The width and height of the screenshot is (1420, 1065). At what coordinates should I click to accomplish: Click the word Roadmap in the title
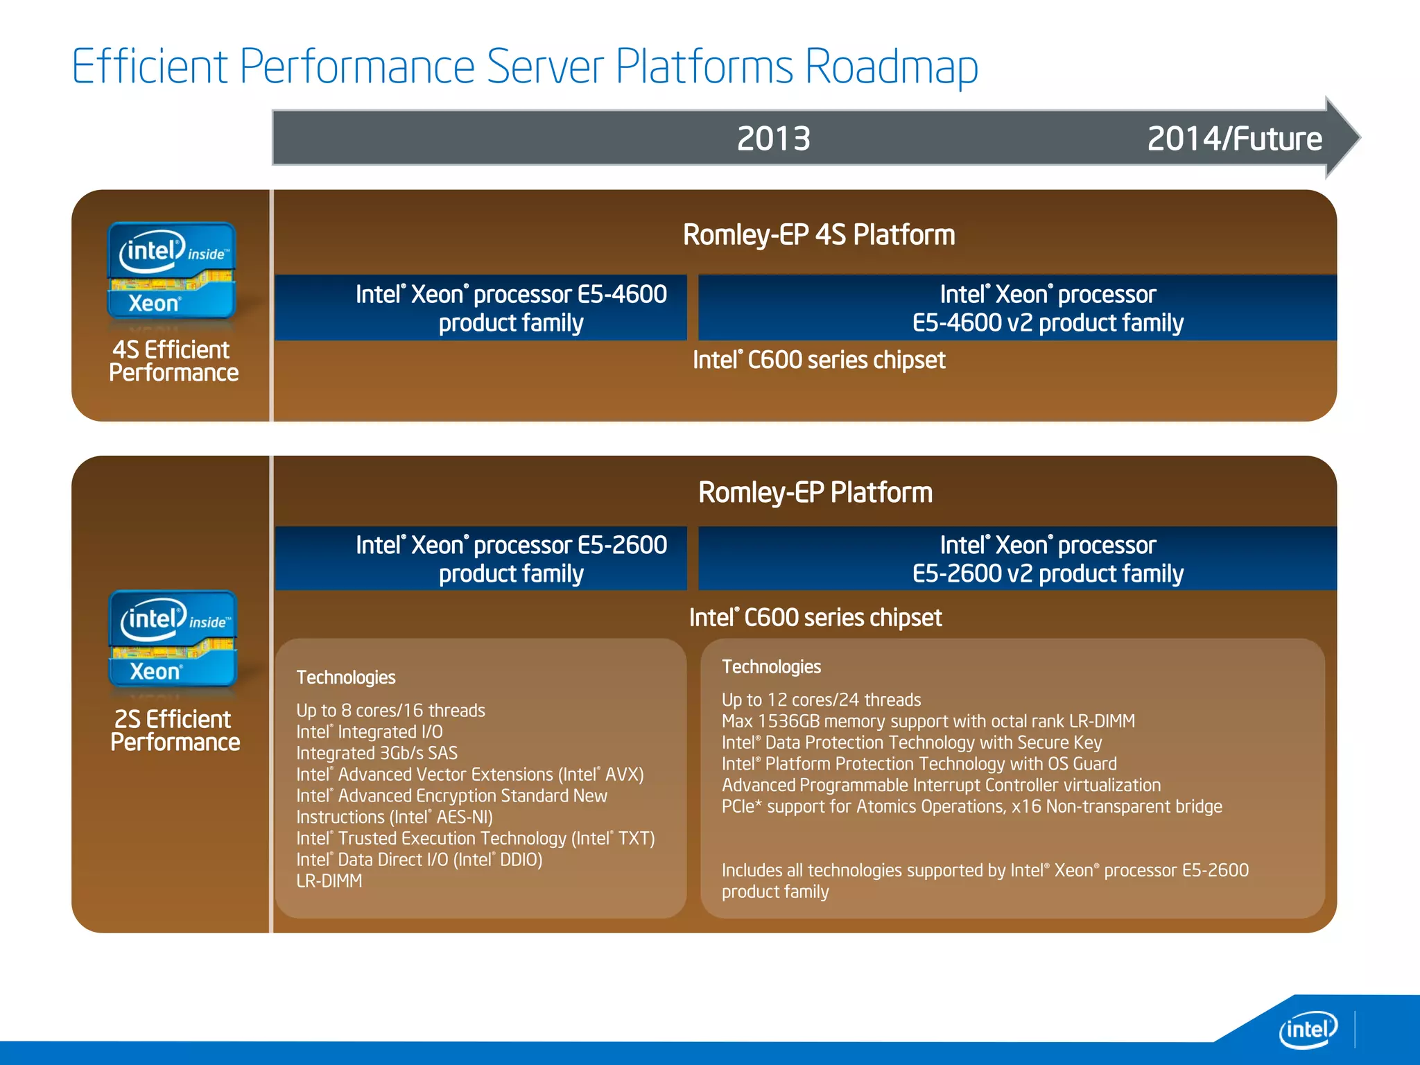point(891,67)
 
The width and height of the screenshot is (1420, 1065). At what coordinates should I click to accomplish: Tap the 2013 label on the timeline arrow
point(773,139)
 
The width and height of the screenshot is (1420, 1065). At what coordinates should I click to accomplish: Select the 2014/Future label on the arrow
point(1234,139)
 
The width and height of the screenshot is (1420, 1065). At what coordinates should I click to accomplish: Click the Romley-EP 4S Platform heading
point(818,235)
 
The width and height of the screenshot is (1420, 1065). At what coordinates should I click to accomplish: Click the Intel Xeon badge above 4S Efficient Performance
point(171,271)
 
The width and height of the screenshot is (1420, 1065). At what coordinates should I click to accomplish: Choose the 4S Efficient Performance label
point(173,361)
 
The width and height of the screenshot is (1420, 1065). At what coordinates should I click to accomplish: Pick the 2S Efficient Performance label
point(175,730)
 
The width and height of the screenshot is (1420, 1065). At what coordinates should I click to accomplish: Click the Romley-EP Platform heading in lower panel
point(815,492)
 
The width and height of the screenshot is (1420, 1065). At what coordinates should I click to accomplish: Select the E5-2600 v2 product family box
point(1047,559)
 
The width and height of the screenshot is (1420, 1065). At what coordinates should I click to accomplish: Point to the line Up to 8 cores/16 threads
point(390,711)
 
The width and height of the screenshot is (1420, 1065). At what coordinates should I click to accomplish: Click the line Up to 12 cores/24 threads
point(821,700)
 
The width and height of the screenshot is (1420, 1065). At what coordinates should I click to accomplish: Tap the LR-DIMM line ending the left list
point(329,881)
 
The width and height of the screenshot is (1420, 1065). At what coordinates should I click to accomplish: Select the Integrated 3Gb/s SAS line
point(376,753)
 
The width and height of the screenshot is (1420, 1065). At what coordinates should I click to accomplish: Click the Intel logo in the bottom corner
point(1307,1030)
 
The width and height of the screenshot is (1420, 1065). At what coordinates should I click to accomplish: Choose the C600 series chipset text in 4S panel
point(818,360)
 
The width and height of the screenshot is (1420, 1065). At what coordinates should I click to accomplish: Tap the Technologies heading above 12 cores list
point(771,667)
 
